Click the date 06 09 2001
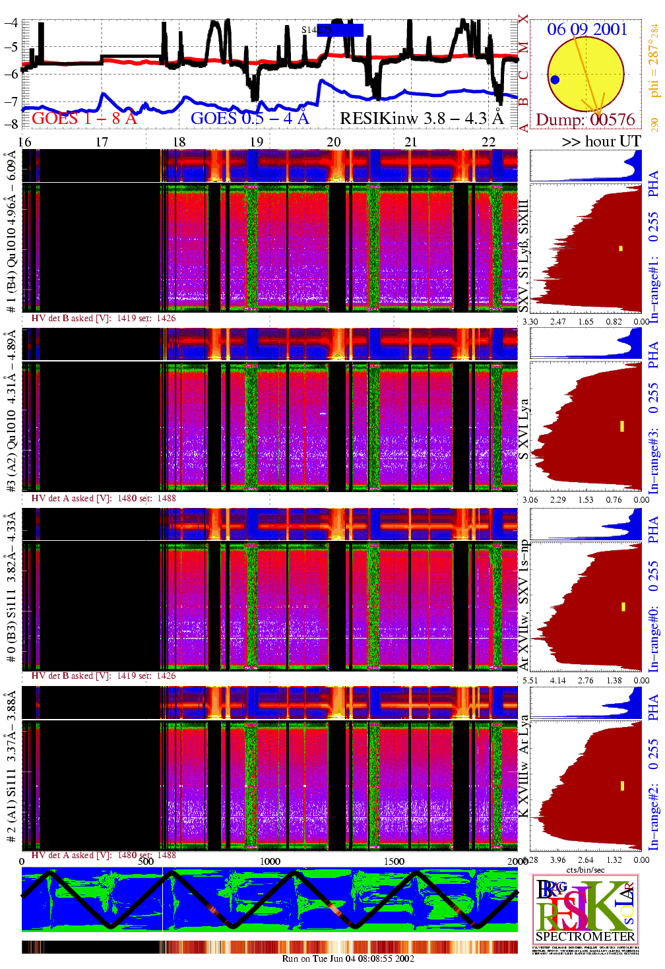pyautogui.click(x=586, y=29)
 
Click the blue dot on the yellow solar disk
pyautogui.click(x=555, y=80)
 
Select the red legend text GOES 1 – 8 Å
pyautogui.click(x=84, y=118)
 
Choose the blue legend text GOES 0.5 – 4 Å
pyautogui.click(x=249, y=118)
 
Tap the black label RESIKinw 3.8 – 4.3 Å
pyautogui.click(x=421, y=118)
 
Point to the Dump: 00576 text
pyautogui.click(x=585, y=119)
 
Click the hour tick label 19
pyautogui.click(x=257, y=142)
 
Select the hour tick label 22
pyautogui.click(x=488, y=142)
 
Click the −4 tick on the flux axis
pyautogui.click(x=11, y=22)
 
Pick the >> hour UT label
pyautogui.click(x=601, y=141)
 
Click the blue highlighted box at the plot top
pyautogui.click(x=340, y=30)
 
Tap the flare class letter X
pyautogui.click(x=523, y=20)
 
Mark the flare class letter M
pyautogui.click(x=523, y=47)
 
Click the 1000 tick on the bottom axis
pyautogui.click(x=269, y=861)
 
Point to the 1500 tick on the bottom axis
pyautogui.click(x=394, y=861)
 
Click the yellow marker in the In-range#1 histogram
pyautogui.click(x=621, y=248)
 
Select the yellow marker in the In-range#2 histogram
pyautogui.click(x=622, y=786)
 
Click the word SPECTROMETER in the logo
pyautogui.click(x=585, y=936)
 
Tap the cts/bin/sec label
pyautogui.click(x=585, y=869)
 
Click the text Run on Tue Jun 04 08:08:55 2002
pyautogui.click(x=348, y=958)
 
